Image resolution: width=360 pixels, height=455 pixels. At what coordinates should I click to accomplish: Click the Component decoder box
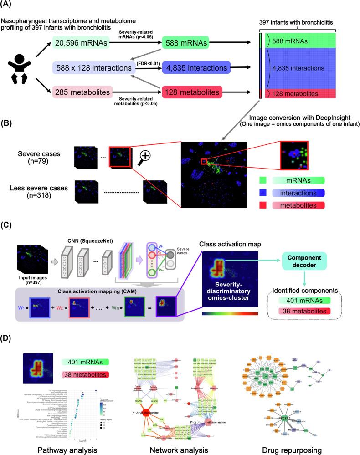303,261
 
